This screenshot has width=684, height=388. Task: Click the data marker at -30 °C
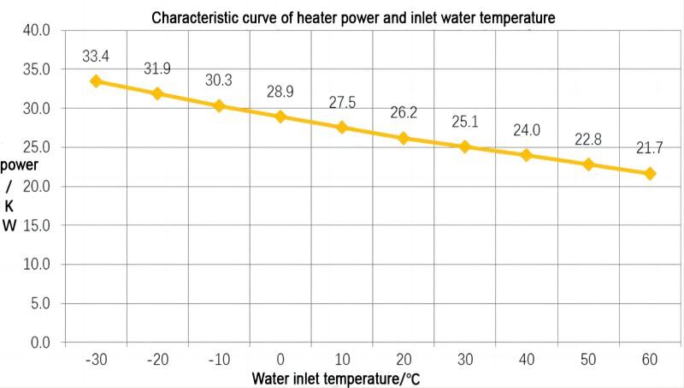tap(96, 81)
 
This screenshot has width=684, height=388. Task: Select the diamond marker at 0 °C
tap(280, 116)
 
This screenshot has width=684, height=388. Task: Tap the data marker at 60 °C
tap(650, 173)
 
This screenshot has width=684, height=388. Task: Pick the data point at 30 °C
tap(465, 146)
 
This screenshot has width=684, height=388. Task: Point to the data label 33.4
tap(96, 57)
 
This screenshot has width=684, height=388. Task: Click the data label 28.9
tap(280, 92)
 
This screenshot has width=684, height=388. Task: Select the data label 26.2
tap(404, 113)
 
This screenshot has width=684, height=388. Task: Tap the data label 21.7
tap(650, 149)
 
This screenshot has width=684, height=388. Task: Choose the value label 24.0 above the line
tap(527, 131)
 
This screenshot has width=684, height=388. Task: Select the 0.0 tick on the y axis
tap(38, 343)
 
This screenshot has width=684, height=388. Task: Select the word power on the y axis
tap(19, 164)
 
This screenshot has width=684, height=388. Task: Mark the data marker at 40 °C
tap(527, 155)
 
